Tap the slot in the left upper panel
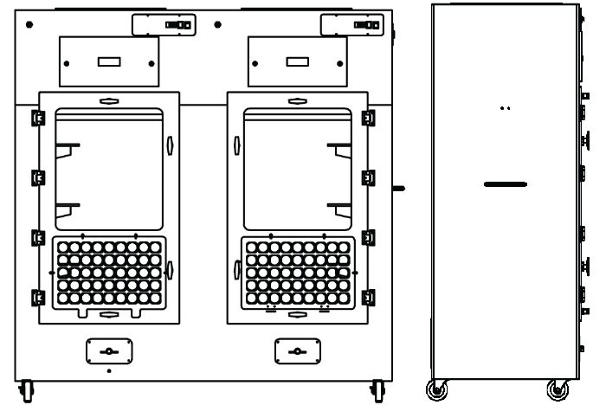pyautogui.click(x=108, y=62)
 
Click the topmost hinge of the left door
pyautogui.click(x=36, y=117)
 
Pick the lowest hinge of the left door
pyautogui.click(x=36, y=299)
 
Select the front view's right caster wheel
pyautogui.click(x=378, y=391)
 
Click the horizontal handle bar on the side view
pyautogui.click(x=506, y=184)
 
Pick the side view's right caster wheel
pyautogui.click(x=557, y=389)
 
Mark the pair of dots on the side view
pyautogui.click(x=506, y=108)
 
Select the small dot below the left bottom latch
pyautogui.click(x=108, y=370)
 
